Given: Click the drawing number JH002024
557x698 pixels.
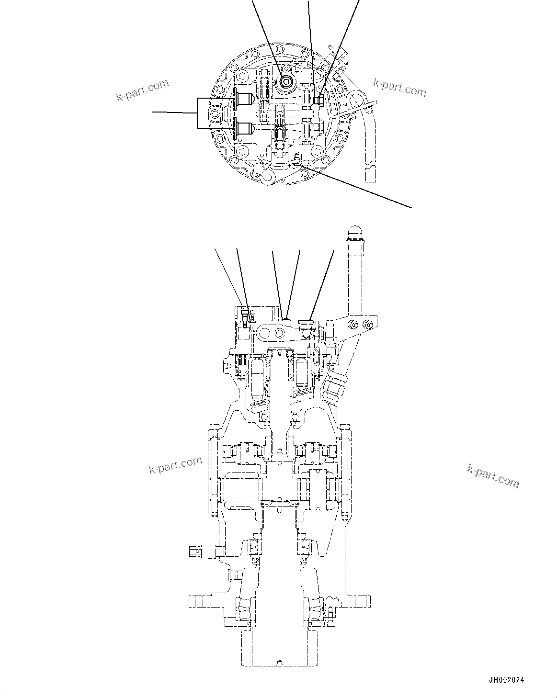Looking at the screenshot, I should pos(507,680).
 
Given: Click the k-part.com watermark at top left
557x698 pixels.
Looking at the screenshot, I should pos(142,90).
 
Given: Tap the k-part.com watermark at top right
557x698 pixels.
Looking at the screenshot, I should pos(399,87).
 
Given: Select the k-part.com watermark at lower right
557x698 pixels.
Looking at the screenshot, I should pos(493,475).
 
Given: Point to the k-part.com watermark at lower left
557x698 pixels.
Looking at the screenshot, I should pos(175,464).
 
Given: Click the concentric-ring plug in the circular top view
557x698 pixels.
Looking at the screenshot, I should pos(286,82).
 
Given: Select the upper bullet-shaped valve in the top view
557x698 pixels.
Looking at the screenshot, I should pos(245,100).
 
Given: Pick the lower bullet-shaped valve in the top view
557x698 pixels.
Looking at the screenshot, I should pos(245,128).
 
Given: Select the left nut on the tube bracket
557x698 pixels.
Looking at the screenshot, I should pos(353,325).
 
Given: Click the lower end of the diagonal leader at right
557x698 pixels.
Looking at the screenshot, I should pos(411,207).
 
